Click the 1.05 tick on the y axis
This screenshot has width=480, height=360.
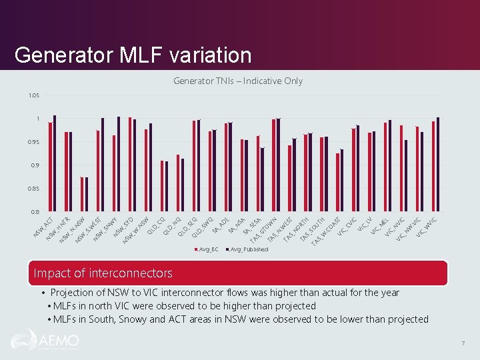point(34,95)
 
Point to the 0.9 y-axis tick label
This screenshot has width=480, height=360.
point(34,165)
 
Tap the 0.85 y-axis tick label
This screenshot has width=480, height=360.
point(34,189)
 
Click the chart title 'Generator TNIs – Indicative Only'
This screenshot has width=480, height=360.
point(238,81)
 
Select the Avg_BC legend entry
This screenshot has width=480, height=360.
point(207,249)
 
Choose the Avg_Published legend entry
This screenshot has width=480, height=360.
point(248,249)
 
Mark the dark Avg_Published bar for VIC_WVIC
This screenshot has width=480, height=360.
point(438,165)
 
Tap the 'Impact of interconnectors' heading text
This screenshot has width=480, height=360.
point(103,273)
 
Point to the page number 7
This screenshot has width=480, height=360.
point(463,343)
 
